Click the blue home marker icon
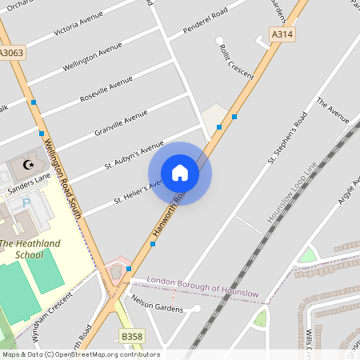(180, 173)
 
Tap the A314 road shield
(282, 34)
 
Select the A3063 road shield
(11, 53)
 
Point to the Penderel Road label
(205, 21)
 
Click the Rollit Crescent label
(237, 61)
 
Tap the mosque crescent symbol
(30, 164)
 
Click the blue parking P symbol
(26, 203)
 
